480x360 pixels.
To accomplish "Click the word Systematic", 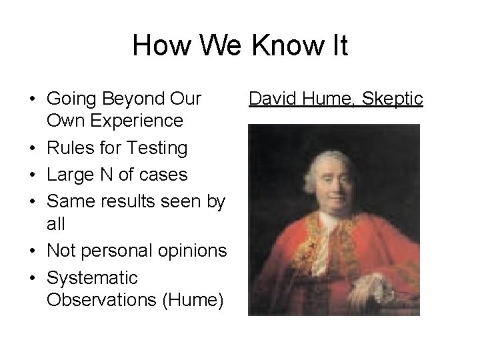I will tap(93, 277).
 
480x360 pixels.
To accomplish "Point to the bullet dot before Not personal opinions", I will tap(33, 251).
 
